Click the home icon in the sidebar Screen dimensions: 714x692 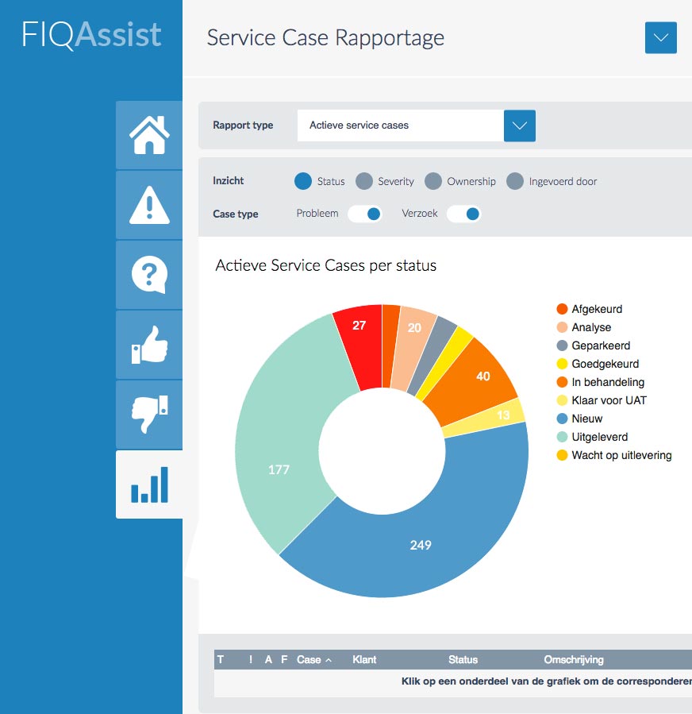click(149, 135)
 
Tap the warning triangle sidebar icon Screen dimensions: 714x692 click(149, 205)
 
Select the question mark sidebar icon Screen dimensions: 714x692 click(149, 275)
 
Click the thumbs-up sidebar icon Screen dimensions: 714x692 click(149, 345)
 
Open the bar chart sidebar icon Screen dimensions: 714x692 click(149, 484)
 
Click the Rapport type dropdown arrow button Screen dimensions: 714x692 click(520, 125)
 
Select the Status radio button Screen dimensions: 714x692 click(302, 181)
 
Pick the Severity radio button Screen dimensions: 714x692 click(364, 181)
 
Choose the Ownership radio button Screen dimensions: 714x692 click(433, 181)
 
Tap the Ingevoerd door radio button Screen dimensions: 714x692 click(516, 181)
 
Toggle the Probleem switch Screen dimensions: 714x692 click(365, 214)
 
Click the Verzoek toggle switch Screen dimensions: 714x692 click(464, 214)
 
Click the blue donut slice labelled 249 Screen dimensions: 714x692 click(421, 544)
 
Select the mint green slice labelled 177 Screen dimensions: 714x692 click(279, 469)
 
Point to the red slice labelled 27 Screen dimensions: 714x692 click(359, 326)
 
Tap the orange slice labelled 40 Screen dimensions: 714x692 click(482, 376)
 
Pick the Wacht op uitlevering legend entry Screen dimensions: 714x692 click(621, 455)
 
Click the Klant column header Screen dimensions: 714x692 click(364, 659)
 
